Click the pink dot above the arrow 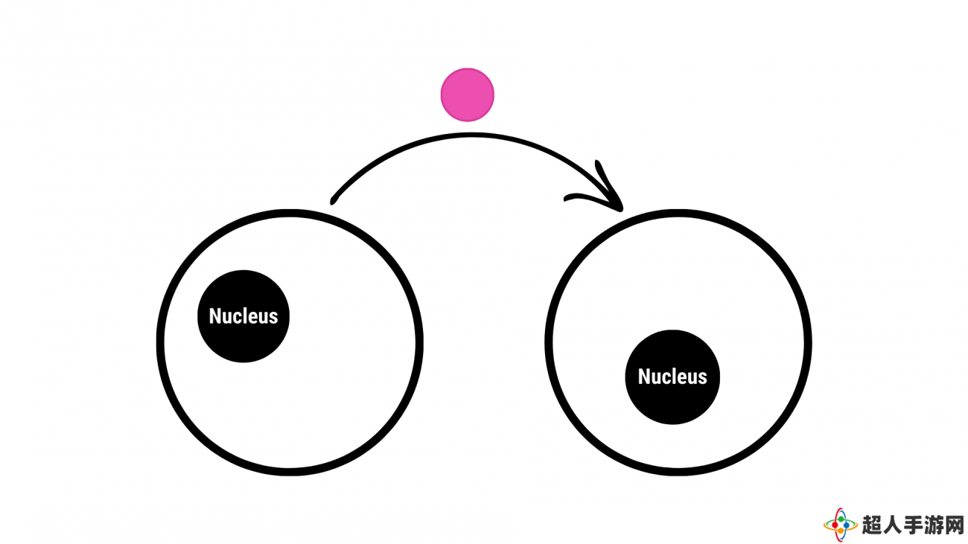pos(467,95)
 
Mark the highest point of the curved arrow pos(469,135)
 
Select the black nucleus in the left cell pos(243,316)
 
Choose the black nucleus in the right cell pos(672,377)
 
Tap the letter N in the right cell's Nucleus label pos(644,377)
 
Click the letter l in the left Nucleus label pos(246,316)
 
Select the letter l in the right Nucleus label pos(675,376)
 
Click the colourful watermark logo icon pos(840,525)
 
